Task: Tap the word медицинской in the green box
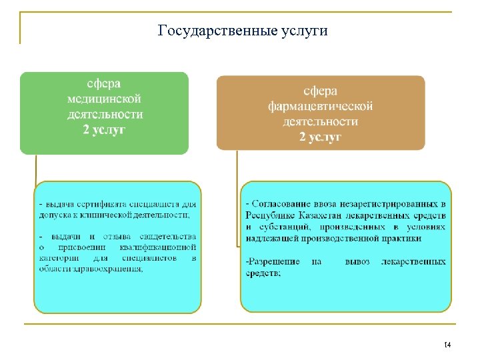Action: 105,99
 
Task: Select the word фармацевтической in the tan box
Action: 320,107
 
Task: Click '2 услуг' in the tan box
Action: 320,137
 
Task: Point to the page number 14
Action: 447,345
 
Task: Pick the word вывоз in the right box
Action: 357,262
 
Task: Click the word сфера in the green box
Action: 105,84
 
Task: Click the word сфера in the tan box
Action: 320,92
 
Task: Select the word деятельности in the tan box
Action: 320,121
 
